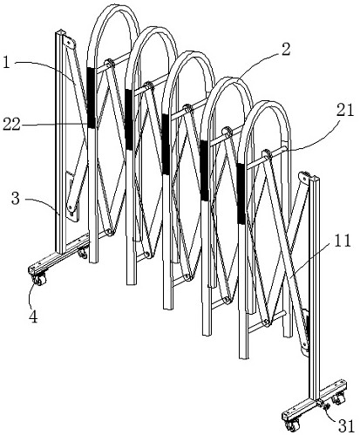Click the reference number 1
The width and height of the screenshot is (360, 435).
pos(6,62)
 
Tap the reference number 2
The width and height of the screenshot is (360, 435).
pos(285,49)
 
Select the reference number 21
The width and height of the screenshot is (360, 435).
pos(345,111)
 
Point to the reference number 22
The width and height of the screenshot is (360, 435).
pos(11,125)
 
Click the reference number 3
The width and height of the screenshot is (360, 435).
pos(16,199)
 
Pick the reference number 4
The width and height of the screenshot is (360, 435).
pos(34,316)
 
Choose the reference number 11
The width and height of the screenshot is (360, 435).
pos(343,241)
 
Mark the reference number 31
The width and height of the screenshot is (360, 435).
pos(346,426)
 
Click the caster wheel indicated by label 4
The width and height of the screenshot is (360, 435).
pos(39,280)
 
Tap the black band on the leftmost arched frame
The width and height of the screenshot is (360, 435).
pos(91,98)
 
